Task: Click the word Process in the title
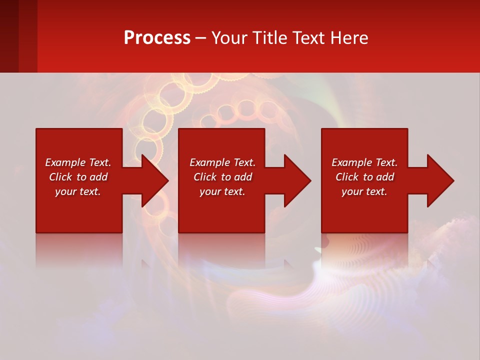pyautogui.click(x=157, y=38)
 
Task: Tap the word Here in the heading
pyautogui.click(x=350, y=38)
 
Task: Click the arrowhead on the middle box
pyautogui.click(x=297, y=180)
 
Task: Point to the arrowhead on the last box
pyautogui.click(x=440, y=180)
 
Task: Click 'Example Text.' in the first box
pyautogui.click(x=78, y=162)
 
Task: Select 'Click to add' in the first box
pyautogui.click(x=78, y=177)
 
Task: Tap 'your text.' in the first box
pyautogui.click(x=78, y=191)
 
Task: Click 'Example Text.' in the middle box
pyautogui.click(x=222, y=162)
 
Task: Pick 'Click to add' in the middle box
pyautogui.click(x=222, y=177)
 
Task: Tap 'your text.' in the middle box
pyautogui.click(x=222, y=191)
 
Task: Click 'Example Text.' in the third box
pyautogui.click(x=364, y=162)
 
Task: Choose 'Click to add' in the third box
pyautogui.click(x=364, y=177)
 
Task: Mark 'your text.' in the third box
pyautogui.click(x=364, y=191)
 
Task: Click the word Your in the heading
pyautogui.click(x=230, y=38)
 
